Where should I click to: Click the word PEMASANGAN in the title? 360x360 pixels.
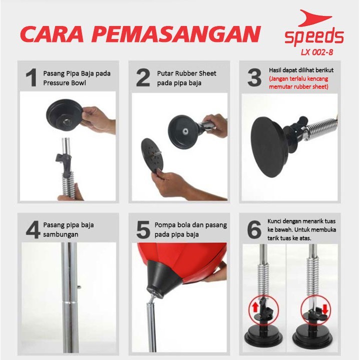point(177,34)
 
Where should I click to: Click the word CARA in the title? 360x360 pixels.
point(52,34)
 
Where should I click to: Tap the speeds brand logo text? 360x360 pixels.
point(314,37)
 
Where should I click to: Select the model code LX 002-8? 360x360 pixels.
point(317,52)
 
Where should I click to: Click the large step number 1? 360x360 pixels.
point(31,77)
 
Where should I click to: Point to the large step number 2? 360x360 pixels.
point(143,77)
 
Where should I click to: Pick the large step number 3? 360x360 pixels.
point(254,77)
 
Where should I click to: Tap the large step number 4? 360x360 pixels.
point(33,229)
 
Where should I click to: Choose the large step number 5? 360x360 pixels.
point(143,229)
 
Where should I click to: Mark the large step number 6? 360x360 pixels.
point(254,229)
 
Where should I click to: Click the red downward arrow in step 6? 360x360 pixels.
point(325,309)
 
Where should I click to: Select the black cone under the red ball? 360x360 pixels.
point(163,278)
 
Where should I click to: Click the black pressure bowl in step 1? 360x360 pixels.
point(64,115)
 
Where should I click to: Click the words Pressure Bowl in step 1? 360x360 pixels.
point(64,83)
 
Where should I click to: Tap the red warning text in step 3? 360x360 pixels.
point(298,82)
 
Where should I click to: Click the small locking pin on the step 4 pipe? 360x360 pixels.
point(79,287)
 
